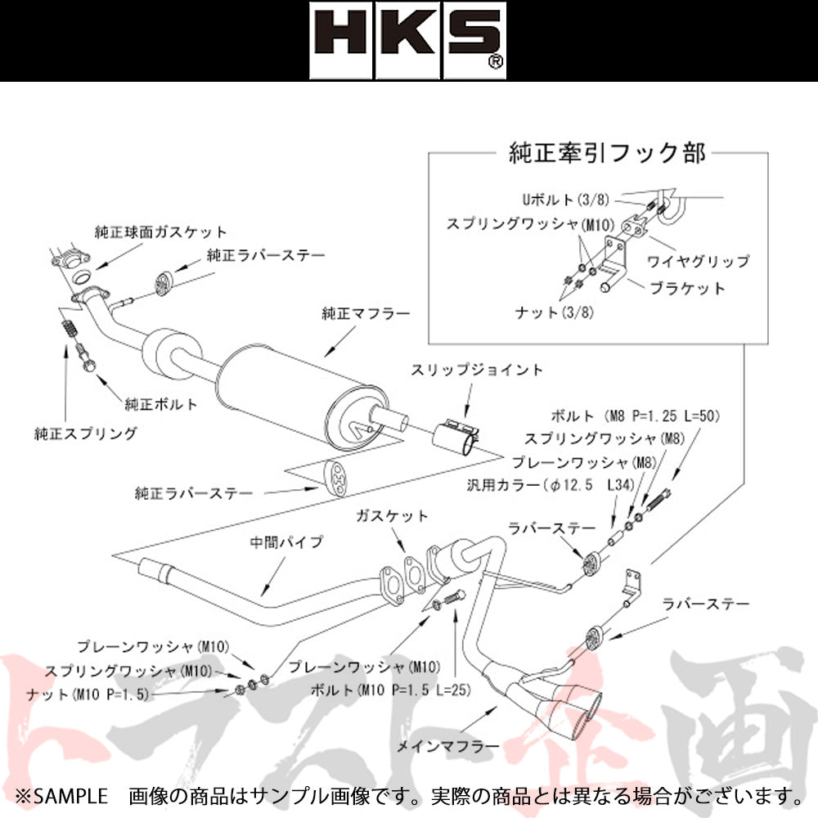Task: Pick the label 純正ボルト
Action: click(x=160, y=403)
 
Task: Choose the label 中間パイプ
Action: click(x=287, y=542)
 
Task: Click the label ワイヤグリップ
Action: click(x=699, y=262)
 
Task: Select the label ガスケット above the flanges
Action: click(x=392, y=516)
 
